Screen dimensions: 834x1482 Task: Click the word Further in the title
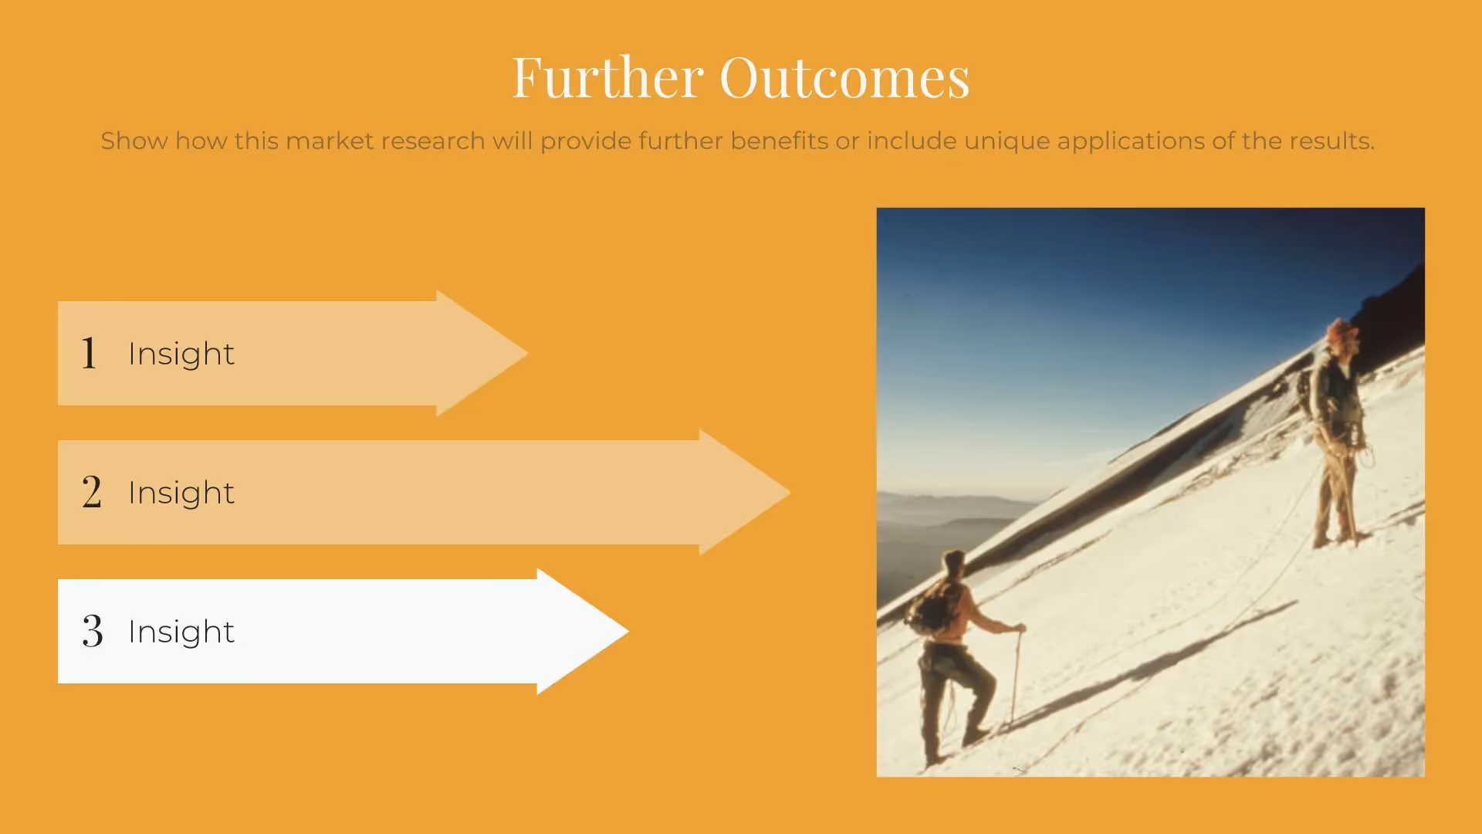(x=607, y=77)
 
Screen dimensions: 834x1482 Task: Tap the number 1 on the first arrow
(x=90, y=353)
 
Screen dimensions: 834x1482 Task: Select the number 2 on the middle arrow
(x=92, y=492)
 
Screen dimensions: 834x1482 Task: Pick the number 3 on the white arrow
(x=93, y=631)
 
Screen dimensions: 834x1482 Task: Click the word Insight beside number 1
(x=181, y=354)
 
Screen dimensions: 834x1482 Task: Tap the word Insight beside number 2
(x=181, y=493)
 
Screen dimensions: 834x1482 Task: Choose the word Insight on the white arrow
(x=181, y=632)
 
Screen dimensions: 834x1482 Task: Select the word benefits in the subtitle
(x=779, y=141)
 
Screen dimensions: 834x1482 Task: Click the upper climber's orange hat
(x=1342, y=331)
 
